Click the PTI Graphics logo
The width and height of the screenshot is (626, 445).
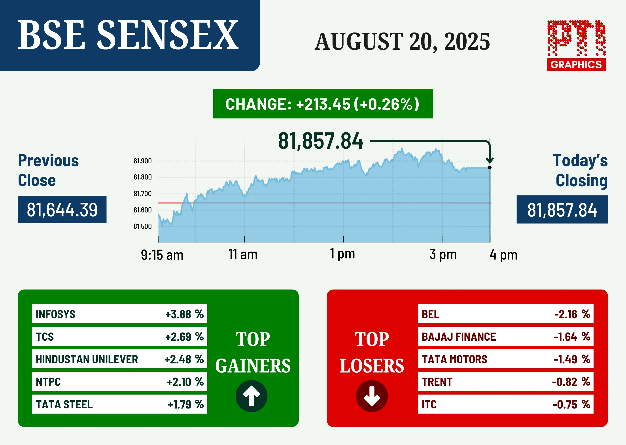pos(577,45)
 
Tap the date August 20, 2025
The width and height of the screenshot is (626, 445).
pos(402,42)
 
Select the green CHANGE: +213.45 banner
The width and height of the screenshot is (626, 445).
pos(323,104)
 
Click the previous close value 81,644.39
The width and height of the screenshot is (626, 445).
pos(62,210)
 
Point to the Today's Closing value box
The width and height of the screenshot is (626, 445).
pos(562,210)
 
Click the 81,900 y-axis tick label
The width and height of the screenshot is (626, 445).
pos(143,161)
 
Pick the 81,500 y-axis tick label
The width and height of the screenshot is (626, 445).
pos(143,226)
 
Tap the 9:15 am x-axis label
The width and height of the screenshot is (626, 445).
pos(162,255)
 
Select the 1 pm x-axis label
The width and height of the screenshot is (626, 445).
pos(342,254)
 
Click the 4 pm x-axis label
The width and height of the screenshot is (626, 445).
pos(504,255)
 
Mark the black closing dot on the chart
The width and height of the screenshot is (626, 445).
pos(490,167)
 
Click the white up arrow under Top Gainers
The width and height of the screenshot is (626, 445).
pos(251,396)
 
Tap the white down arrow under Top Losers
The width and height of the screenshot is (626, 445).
pos(372,396)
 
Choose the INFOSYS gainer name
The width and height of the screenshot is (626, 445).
pos(56,314)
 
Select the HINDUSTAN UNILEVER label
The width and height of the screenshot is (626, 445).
pos(87,359)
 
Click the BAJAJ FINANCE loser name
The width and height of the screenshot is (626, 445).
pos(459,337)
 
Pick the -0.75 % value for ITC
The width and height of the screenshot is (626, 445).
pos(571,405)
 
